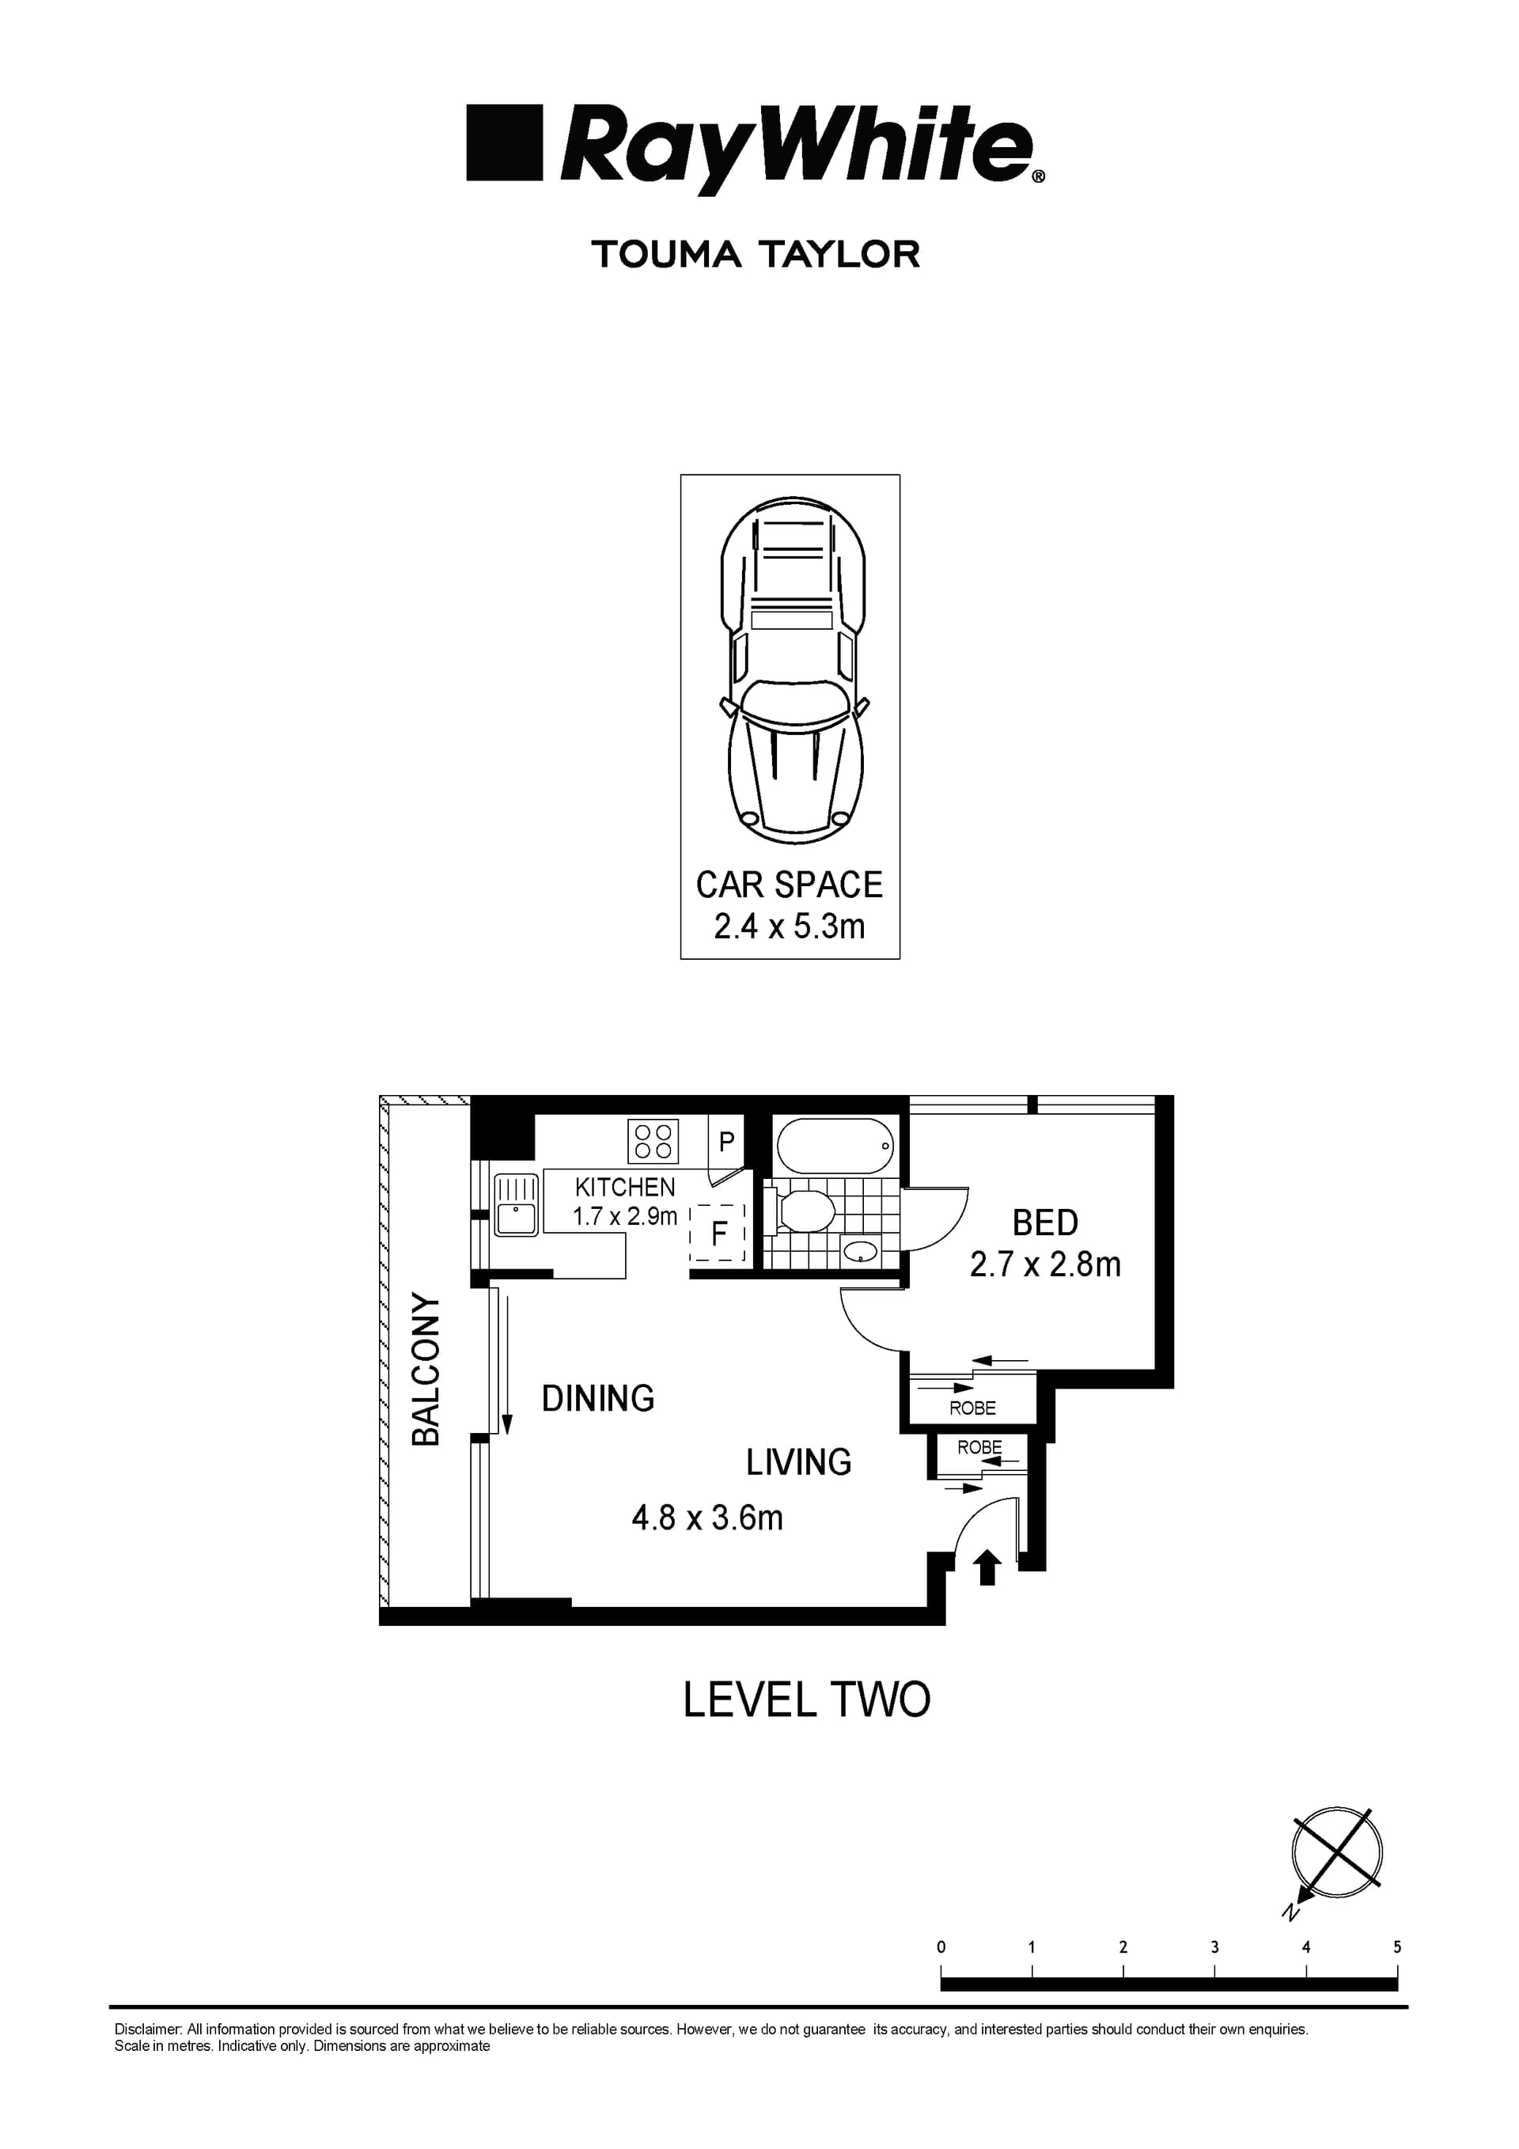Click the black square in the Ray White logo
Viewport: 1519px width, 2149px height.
tap(505, 142)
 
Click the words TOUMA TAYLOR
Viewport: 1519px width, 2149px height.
tap(756, 255)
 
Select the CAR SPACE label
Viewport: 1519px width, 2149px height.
tap(789, 885)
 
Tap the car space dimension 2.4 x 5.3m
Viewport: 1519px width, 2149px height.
tap(789, 927)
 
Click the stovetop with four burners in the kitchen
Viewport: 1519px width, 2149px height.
tap(653, 1142)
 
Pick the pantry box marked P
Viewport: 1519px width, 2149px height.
tap(726, 1142)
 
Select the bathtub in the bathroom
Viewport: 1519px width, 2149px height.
tap(835, 1146)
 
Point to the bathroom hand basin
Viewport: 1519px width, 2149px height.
tap(859, 1252)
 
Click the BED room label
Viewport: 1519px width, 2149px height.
tap(1044, 1222)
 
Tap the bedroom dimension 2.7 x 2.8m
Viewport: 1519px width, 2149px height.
tap(1044, 1264)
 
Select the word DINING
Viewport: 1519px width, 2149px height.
tap(598, 1398)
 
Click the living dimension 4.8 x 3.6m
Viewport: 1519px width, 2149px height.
tap(706, 1518)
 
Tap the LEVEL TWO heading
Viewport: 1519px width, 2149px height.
tap(806, 1700)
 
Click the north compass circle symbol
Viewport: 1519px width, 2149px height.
tap(1336, 1852)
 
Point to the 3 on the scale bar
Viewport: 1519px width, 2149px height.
tap(1215, 1946)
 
